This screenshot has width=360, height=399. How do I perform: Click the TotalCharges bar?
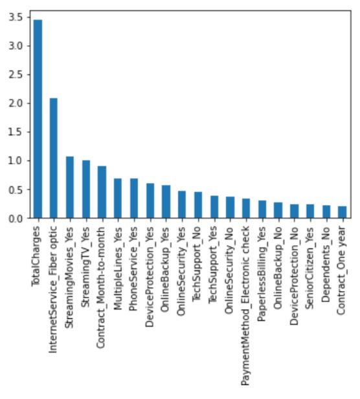pos(38,119)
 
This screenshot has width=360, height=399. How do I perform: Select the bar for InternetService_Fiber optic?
pos(54,158)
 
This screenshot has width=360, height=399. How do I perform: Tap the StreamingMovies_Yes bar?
pos(70,188)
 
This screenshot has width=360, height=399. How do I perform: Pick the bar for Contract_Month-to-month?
pos(102,192)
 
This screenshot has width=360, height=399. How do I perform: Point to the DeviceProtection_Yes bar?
pos(150,200)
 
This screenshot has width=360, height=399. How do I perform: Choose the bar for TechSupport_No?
pos(198,205)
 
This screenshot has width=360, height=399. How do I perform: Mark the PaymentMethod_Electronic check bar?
pos(246,208)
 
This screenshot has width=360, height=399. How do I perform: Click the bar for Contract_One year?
pos(342,212)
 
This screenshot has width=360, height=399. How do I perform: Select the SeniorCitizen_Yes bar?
pos(310,211)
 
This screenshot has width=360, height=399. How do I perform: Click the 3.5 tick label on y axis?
pos(16,17)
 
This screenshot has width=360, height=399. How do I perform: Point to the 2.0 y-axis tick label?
pos(16,103)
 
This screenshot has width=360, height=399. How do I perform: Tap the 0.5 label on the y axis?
pos(16,189)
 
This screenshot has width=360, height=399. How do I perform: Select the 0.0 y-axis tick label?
pos(16,219)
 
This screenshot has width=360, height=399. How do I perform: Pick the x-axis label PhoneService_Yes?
pos(133,269)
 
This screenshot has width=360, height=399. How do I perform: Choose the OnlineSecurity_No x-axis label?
pos(229,270)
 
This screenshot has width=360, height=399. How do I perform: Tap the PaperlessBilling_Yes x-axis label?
pos(262,274)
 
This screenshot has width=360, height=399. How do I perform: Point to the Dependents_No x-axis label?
pos(326,264)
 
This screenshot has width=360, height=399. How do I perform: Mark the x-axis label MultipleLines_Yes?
pos(118,268)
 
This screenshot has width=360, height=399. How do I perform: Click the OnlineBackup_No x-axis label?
pos(278,268)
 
